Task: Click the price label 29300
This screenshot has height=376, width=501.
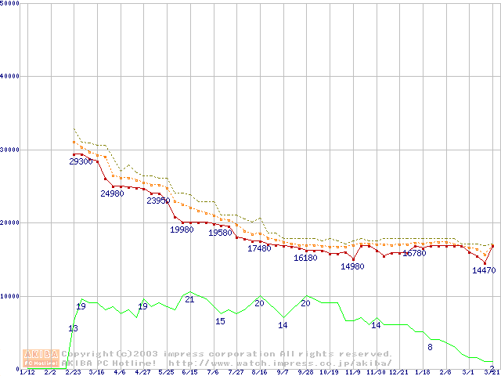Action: (x=80, y=161)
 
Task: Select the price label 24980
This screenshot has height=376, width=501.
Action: (x=112, y=193)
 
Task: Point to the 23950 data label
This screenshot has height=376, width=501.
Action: (x=158, y=201)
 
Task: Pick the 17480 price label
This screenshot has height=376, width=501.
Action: (x=259, y=248)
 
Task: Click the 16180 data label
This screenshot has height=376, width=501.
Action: (x=305, y=258)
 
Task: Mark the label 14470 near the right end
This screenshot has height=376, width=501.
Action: (x=484, y=270)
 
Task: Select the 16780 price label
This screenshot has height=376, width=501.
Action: (x=414, y=253)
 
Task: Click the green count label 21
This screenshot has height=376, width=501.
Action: (x=189, y=299)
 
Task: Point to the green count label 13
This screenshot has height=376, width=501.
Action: (x=73, y=328)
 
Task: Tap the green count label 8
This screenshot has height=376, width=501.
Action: (x=430, y=346)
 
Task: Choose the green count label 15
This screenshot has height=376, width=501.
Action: (x=220, y=321)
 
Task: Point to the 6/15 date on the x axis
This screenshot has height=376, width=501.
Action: (x=189, y=372)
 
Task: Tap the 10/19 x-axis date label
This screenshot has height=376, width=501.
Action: (x=330, y=372)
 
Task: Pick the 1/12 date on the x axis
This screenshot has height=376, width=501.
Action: (x=27, y=372)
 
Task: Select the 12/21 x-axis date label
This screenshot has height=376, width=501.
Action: (x=399, y=372)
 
